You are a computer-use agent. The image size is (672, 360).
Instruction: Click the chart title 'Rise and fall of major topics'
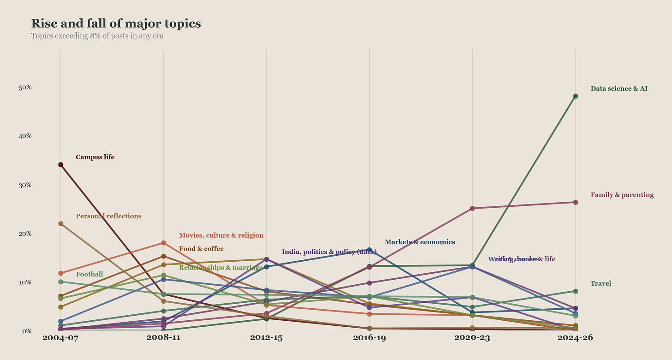coord(116,24)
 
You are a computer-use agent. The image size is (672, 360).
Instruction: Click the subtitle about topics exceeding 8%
coord(97,36)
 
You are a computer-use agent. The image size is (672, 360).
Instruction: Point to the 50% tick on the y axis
coord(25,87)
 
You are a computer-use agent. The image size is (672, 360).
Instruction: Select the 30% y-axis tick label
coord(25,185)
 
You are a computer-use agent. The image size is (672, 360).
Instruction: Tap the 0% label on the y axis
coord(26,331)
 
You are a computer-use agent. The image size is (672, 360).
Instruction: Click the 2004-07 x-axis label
coord(60,338)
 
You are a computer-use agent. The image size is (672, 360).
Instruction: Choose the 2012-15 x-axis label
coord(266,338)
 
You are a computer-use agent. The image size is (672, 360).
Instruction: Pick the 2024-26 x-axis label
coord(575,338)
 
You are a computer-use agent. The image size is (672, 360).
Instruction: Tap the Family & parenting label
coord(622,195)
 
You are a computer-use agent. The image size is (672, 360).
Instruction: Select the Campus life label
coord(95,157)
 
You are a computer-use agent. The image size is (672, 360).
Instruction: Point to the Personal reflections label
coord(108,216)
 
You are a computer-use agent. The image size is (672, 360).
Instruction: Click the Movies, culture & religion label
coord(221,235)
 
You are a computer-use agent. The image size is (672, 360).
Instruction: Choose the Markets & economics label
coord(420,242)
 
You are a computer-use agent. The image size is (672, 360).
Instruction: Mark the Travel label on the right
coord(600,283)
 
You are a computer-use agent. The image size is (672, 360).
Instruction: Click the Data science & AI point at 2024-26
coord(575,96)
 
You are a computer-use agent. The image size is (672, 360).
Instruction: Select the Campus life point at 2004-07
coord(60,164)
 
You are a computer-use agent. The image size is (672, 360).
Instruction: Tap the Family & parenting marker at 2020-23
coord(472,208)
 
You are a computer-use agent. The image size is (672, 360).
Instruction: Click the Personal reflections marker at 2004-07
coord(60,223)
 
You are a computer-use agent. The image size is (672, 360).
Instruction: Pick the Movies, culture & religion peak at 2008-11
coord(163,243)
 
